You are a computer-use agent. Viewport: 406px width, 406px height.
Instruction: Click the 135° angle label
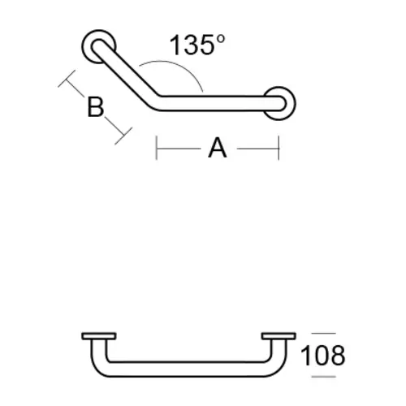[x=196, y=45]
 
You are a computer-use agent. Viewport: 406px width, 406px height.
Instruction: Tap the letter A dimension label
[x=217, y=148]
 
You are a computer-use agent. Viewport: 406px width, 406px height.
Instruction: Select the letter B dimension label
[x=96, y=106]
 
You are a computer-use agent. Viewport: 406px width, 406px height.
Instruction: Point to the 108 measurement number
[x=323, y=355]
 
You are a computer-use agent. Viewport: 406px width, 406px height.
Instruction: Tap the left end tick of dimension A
[x=157, y=148]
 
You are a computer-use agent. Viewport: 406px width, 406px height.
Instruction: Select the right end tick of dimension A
[x=279, y=148]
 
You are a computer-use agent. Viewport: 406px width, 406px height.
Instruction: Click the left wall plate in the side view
[x=100, y=335]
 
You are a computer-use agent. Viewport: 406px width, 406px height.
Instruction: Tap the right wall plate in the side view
[x=278, y=335]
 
